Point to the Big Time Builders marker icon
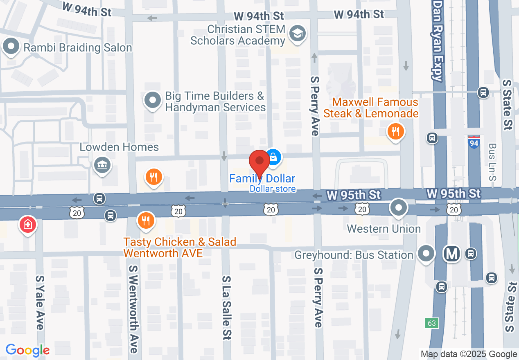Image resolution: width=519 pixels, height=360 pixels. pyautogui.click(x=153, y=100)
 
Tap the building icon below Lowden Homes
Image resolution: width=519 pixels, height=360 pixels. pyautogui.click(x=102, y=166)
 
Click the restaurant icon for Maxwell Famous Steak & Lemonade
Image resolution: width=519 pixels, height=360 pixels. pyautogui.click(x=395, y=132)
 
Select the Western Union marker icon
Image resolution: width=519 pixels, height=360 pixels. pyautogui.click(x=398, y=208)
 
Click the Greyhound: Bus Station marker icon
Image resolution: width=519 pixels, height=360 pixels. pyautogui.click(x=426, y=254)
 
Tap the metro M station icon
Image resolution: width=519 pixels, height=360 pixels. pyautogui.click(x=452, y=254)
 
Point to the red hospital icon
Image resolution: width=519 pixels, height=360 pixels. pyautogui.click(x=28, y=225)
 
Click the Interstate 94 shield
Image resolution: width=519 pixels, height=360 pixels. pyautogui.click(x=474, y=142)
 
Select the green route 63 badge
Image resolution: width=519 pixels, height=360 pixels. pyautogui.click(x=432, y=323)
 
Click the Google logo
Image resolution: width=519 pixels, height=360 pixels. pyautogui.click(x=28, y=350)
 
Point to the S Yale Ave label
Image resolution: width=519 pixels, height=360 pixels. pyautogui.click(x=40, y=302)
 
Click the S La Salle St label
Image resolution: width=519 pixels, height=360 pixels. pyautogui.click(x=226, y=307)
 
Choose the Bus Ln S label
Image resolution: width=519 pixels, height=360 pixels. pyautogui.click(x=492, y=162)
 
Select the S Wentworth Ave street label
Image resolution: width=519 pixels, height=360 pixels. pyautogui.click(x=133, y=309)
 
